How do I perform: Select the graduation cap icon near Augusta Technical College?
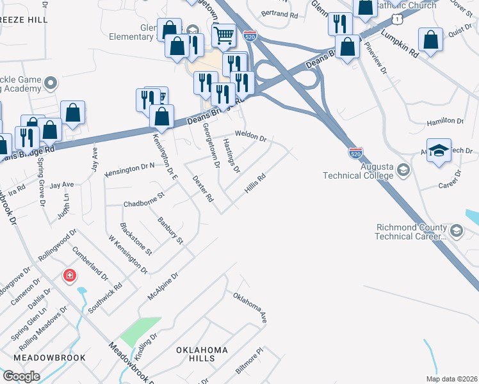[439, 150]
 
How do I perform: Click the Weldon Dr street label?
[250, 138]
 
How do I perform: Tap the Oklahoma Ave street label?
[249, 307]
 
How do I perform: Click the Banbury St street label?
[170, 231]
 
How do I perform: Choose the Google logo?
[21, 376]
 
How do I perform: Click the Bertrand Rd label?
[280, 13]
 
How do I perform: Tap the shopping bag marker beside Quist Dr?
[432, 39]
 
